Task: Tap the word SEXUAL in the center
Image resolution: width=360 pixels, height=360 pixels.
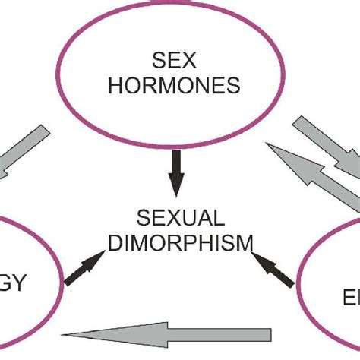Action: [181, 220]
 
